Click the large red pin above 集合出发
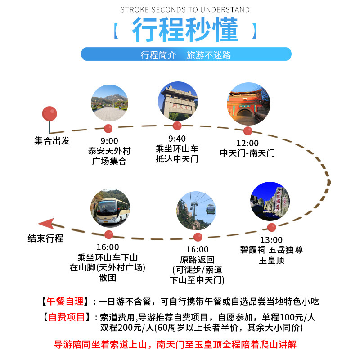(x=49, y=114)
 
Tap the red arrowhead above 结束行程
(x=47, y=223)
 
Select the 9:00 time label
(x=109, y=141)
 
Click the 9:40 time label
(x=177, y=139)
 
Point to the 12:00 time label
(x=247, y=143)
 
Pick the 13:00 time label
(x=271, y=240)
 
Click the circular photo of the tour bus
(x=110, y=208)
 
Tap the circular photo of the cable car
(x=196, y=211)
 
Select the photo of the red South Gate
(x=249, y=104)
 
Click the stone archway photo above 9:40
(x=178, y=101)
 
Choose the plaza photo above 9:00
(x=109, y=103)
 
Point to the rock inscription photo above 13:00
(x=270, y=201)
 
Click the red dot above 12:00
(x=248, y=131)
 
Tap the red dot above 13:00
(x=272, y=227)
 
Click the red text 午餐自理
(x=65, y=301)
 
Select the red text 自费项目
(x=67, y=317)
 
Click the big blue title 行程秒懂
(x=185, y=29)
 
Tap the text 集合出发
(x=52, y=141)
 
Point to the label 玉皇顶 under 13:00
(x=272, y=260)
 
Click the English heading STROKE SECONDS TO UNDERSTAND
(x=185, y=9)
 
